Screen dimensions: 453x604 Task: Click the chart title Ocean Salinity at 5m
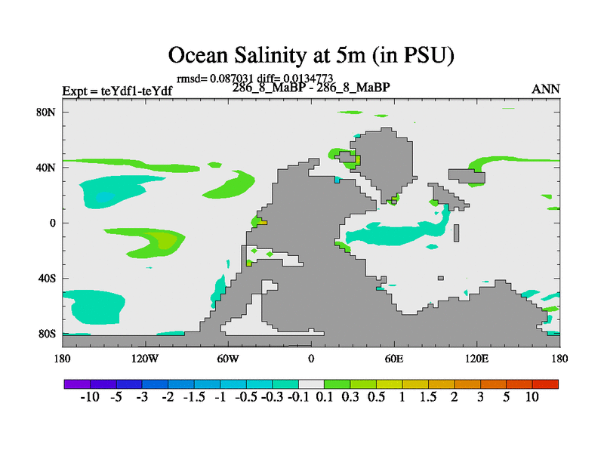(310, 55)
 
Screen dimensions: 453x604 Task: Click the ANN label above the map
(546, 89)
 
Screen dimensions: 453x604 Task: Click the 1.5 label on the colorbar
(428, 398)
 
